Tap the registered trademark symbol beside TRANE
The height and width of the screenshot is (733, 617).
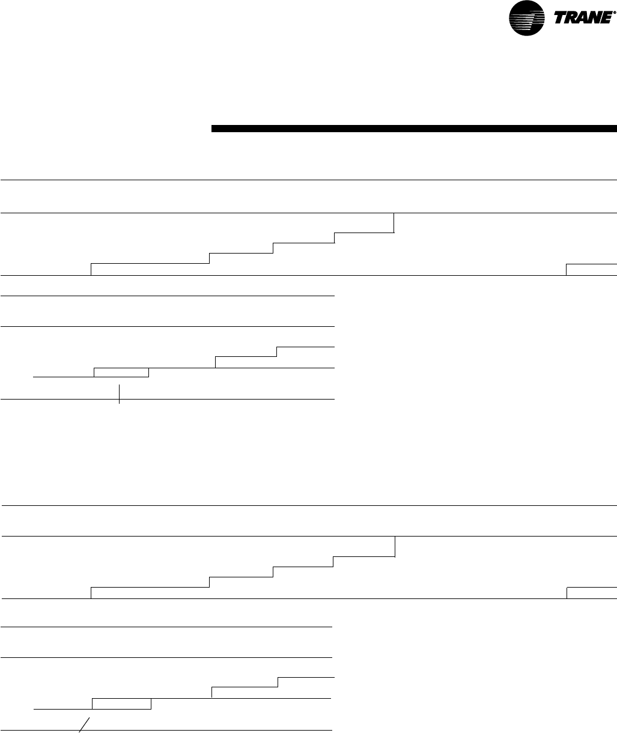[614, 13]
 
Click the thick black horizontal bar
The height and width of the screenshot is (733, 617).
[414, 128]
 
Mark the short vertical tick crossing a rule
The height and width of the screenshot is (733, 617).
[120, 394]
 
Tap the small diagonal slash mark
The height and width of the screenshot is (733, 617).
[85, 725]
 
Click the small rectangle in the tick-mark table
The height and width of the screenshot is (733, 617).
[121, 373]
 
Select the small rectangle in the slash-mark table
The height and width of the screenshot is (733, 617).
[121, 704]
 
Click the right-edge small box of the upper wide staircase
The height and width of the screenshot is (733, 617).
[591, 269]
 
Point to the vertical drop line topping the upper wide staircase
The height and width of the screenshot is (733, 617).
[394, 222]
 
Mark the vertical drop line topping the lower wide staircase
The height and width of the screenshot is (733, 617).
[395, 546]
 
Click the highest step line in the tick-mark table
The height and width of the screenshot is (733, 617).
[305, 347]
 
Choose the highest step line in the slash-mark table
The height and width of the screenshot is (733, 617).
[305, 677]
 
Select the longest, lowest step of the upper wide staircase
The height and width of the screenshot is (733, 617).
[150, 263]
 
